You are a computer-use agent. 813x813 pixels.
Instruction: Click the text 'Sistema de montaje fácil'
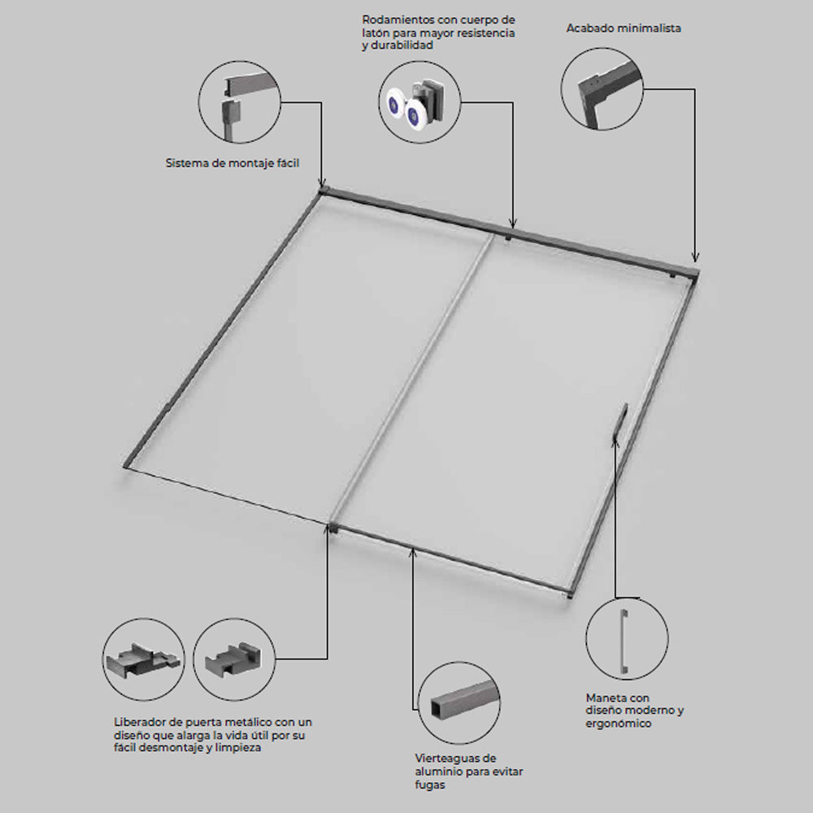tap(233, 163)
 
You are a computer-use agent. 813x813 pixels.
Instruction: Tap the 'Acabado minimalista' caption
tap(624, 28)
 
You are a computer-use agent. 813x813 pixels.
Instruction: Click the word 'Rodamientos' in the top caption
tap(398, 20)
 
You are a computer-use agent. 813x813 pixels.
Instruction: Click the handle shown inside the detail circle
tap(624, 641)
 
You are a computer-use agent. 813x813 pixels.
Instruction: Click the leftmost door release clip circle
tap(144, 659)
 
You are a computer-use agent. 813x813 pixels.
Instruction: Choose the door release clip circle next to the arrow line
tap(234, 659)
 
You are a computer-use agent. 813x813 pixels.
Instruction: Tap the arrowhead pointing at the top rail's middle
tap(513, 224)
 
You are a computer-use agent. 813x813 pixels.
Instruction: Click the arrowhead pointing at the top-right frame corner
tap(695, 257)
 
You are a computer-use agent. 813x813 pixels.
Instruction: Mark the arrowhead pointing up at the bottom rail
tap(413, 553)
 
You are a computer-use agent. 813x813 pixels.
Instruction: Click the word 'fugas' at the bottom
tap(430, 785)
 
